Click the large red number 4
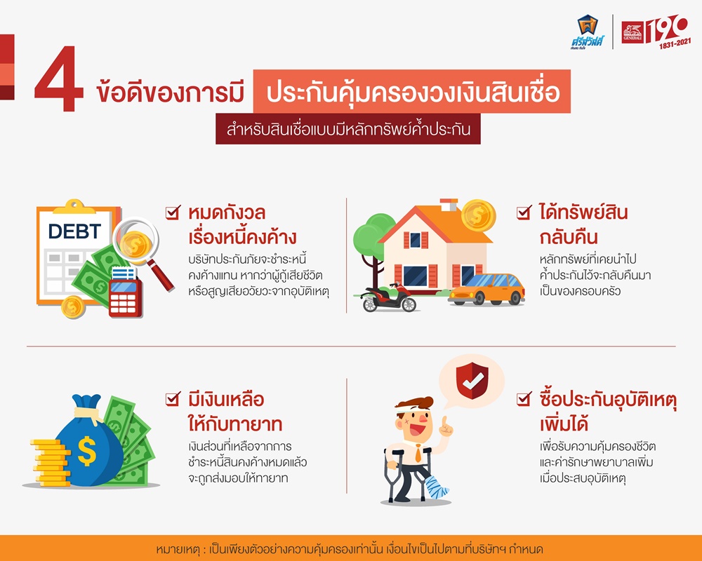[x=59, y=79]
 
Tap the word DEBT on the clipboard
[x=74, y=231]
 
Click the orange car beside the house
[x=486, y=289]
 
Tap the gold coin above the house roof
[x=479, y=215]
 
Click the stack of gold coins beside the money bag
[x=50, y=463]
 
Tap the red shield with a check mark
[x=472, y=381]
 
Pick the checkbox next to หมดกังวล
[x=173, y=212]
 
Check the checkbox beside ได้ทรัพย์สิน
[x=524, y=212]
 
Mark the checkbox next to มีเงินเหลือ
[x=173, y=398]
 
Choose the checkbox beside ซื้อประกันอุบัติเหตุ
[x=524, y=398]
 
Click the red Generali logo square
[x=633, y=33]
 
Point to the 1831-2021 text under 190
[x=675, y=44]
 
